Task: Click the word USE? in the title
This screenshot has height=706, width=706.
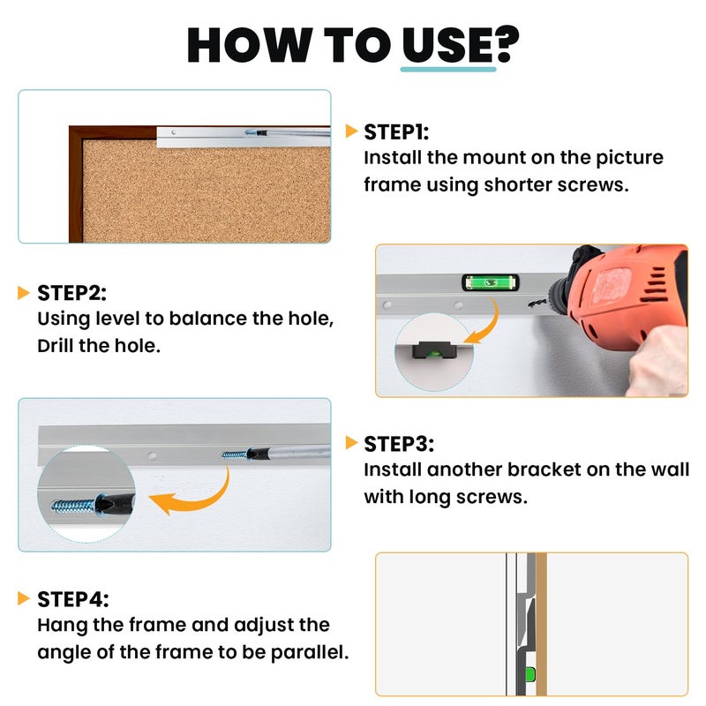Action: click(x=461, y=44)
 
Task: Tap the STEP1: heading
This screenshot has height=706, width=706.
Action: click(x=396, y=131)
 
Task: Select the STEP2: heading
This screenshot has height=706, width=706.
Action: click(x=72, y=293)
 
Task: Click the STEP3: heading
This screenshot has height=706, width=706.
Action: click(x=399, y=444)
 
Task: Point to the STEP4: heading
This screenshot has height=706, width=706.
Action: click(x=73, y=599)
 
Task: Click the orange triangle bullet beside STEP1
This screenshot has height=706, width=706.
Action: click(x=351, y=131)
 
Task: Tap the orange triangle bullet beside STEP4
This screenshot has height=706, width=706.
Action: click(x=24, y=598)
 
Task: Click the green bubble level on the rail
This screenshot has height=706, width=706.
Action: click(x=491, y=282)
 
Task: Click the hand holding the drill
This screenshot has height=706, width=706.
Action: click(x=658, y=360)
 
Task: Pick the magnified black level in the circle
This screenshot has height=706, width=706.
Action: click(x=434, y=350)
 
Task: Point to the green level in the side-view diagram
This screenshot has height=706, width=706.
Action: click(x=530, y=674)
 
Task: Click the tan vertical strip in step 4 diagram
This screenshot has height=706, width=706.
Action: click(x=541, y=624)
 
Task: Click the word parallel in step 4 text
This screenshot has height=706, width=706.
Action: click(x=310, y=652)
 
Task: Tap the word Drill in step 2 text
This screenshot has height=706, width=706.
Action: click(x=56, y=346)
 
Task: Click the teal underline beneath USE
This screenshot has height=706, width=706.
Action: click(x=448, y=70)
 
